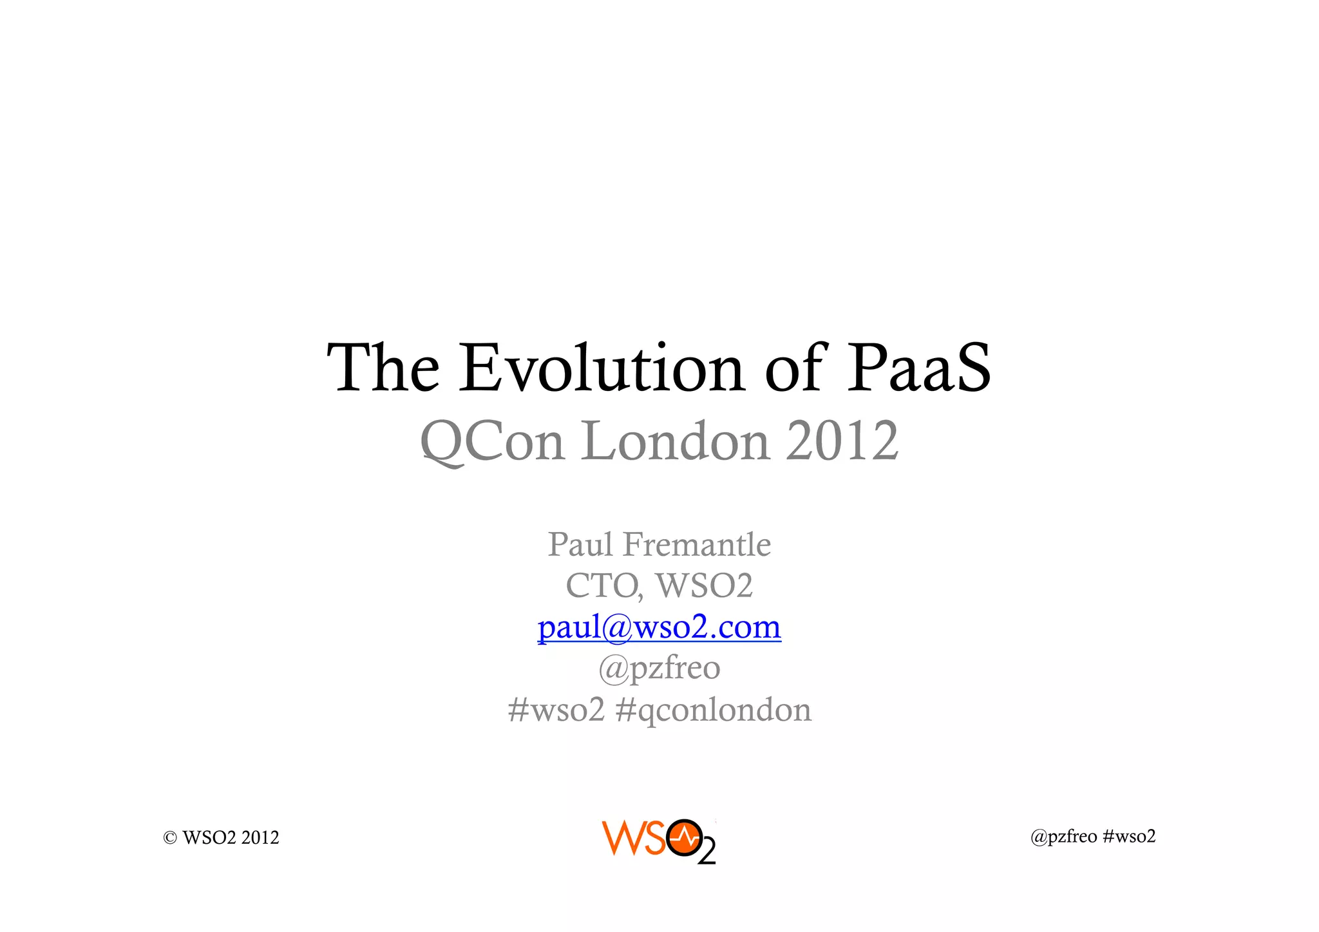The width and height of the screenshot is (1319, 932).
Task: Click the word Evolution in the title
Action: click(x=602, y=368)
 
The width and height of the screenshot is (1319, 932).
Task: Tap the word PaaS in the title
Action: click(x=918, y=368)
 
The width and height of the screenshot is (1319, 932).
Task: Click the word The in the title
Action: click(x=384, y=368)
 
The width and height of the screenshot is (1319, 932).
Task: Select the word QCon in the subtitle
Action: click(x=493, y=442)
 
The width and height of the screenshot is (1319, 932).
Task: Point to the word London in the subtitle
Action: click(x=676, y=442)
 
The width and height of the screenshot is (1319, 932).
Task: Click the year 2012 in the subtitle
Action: click(x=842, y=442)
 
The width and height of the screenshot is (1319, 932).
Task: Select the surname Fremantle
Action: click(x=697, y=545)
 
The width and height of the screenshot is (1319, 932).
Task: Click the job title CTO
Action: click(x=603, y=586)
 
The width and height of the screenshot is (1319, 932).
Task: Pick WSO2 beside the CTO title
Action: click(x=704, y=586)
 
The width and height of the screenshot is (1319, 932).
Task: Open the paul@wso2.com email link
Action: click(x=659, y=627)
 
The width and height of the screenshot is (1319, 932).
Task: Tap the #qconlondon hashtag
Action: click(x=714, y=710)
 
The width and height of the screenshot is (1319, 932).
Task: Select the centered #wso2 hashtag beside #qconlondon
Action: click(x=556, y=710)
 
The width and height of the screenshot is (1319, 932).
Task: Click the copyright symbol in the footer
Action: click(x=170, y=838)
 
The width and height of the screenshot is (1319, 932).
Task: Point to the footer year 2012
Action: click(x=260, y=838)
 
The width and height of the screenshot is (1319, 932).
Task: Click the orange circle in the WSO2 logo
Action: click(x=684, y=838)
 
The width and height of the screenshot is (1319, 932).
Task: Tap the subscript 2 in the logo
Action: click(x=707, y=853)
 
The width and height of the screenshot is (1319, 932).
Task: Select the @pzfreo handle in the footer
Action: click(x=1063, y=837)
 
